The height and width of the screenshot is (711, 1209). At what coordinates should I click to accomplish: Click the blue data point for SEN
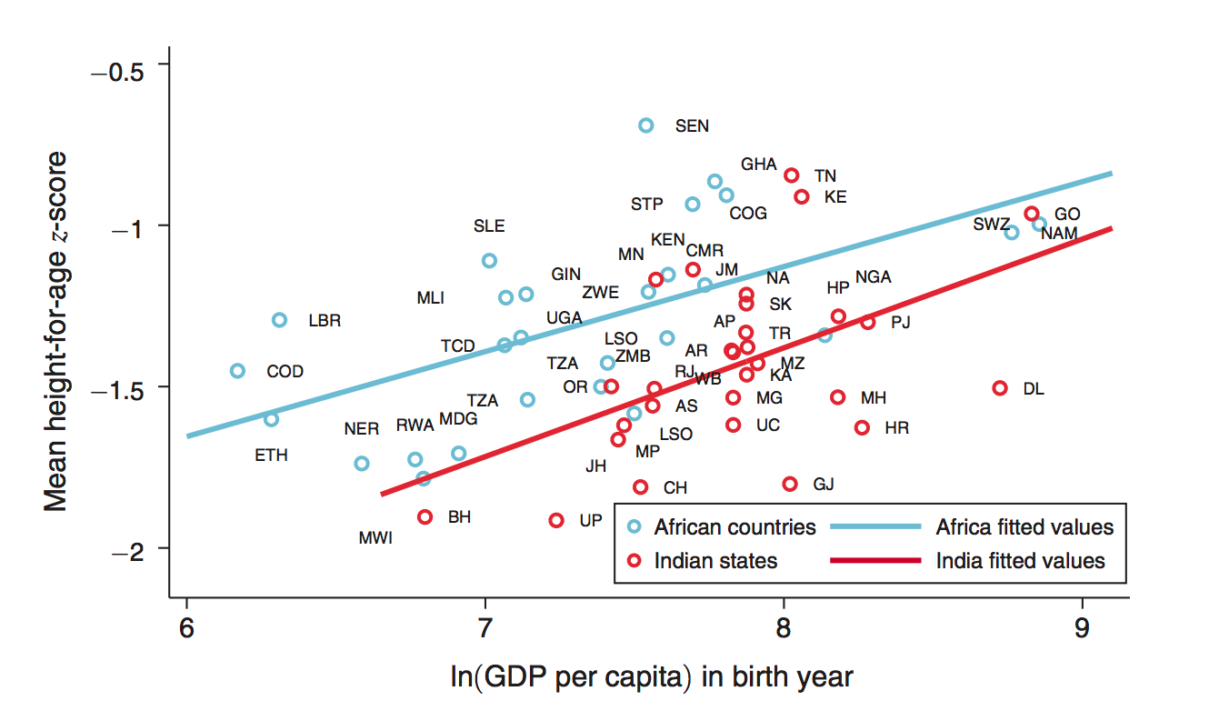(645, 125)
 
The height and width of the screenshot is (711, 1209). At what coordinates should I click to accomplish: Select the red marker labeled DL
(1000, 388)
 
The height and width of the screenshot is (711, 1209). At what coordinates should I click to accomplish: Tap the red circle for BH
(425, 516)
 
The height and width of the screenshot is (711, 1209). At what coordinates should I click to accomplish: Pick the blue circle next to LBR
(280, 320)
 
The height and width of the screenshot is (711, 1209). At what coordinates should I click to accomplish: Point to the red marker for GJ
(790, 484)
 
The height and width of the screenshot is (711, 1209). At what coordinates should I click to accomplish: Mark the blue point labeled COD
(237, 371)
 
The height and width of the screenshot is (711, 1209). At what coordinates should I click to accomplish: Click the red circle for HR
(862, 427)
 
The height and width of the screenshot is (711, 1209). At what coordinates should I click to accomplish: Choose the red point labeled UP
(556, 520)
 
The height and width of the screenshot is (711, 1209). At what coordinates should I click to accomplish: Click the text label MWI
(375, 537)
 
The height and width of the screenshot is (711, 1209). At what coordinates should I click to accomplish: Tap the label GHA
(759, 165)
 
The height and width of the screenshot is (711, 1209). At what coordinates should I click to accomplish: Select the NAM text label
(1059, 234)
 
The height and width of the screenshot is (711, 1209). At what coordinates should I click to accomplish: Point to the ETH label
(271, 456)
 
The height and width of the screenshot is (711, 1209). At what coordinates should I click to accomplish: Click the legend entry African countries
(734, 527)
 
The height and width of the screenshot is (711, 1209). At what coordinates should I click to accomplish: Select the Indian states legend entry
(715, 561)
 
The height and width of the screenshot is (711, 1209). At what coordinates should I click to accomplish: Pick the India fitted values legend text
(1020, 561)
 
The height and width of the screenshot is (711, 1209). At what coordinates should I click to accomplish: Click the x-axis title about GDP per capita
(651, 677)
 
